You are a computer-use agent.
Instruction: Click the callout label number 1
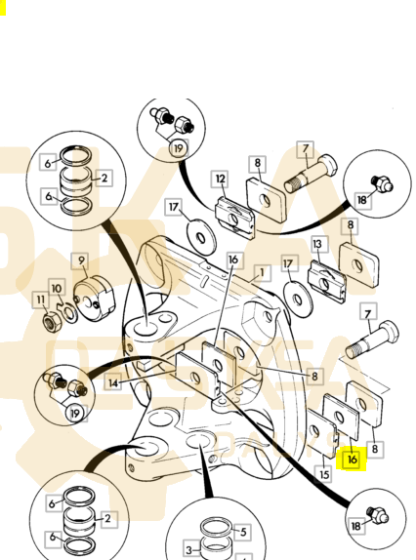pos(262,273)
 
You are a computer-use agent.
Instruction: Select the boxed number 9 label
pos(81,260)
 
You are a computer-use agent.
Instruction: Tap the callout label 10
pos(57,288)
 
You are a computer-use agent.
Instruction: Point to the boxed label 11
pos(41,300)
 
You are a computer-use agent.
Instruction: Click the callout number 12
pos(221,179)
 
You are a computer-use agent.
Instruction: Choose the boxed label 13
pos(317,244)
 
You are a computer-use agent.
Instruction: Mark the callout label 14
pos(113,383)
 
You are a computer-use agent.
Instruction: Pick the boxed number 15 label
pos(324,474)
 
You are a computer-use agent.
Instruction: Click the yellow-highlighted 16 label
pos(353,460)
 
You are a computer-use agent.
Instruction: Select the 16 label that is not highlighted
pos(233,260)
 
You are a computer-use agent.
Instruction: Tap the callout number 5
pos(243,532)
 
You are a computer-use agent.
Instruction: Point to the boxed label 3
pos(189,549)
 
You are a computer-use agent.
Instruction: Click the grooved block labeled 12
pos(234,218)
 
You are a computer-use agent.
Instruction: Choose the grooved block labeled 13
pos(326,281)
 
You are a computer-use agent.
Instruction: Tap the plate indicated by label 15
pos(321,433)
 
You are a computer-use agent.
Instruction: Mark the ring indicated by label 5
pos(216,527)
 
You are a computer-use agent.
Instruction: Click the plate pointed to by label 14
pos(197,376)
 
